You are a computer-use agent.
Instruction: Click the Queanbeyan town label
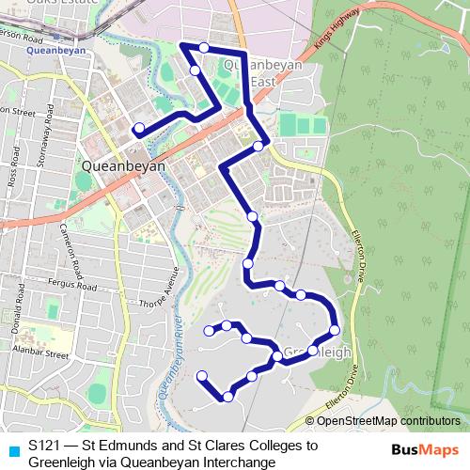pyautogui.click(x=124, y=165)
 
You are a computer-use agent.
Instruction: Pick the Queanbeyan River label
pyautogui.click(x=169, y=357)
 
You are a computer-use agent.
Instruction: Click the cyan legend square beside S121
pyautogui.click(x=12, y=448)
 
